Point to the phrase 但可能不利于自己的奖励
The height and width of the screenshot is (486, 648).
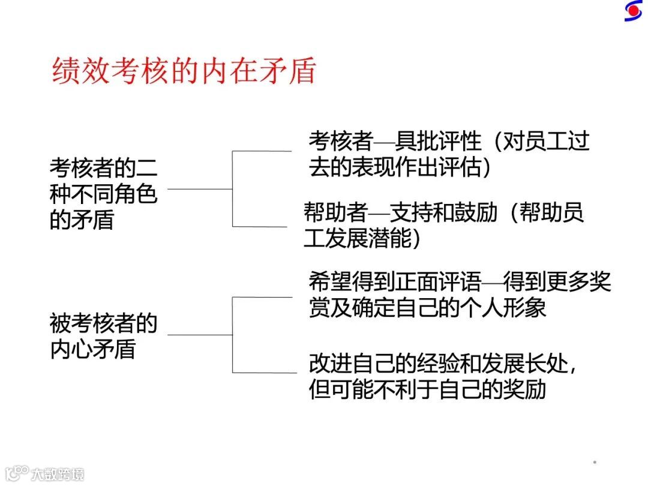(x=427, y=389)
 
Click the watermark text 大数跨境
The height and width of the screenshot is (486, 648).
(x=58, y=473)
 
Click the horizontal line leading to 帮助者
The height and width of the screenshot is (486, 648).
(x=260, y=227)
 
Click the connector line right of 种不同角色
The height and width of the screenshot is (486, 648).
(x=200, y=189)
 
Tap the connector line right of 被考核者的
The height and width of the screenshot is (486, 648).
(x=200, y=335)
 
